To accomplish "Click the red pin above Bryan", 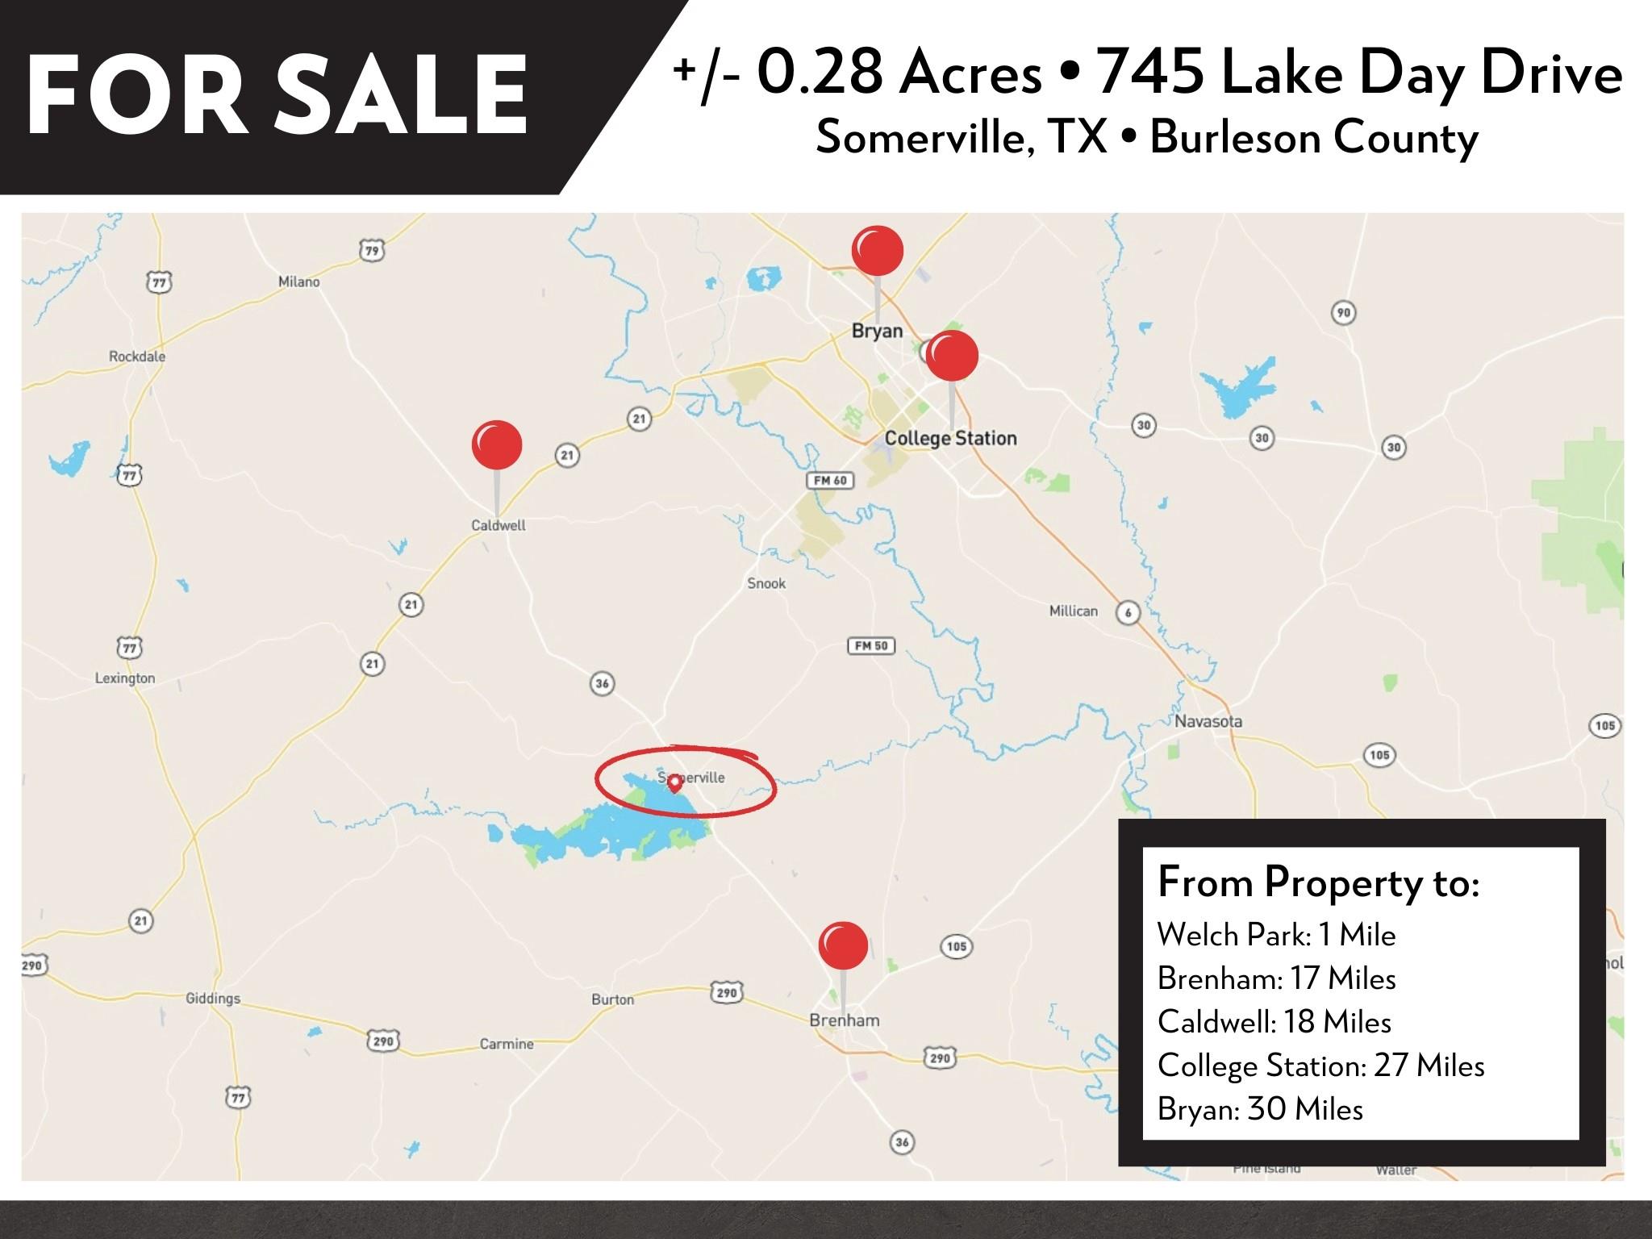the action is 878,251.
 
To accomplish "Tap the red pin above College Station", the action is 952,356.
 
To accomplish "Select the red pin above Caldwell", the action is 497,444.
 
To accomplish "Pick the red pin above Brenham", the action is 843,945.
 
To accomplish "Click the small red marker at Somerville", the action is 674,782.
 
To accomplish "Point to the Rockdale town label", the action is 137,357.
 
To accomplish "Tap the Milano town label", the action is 299,282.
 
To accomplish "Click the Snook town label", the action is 766,583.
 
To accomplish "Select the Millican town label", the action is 1073,611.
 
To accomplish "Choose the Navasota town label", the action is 1208,721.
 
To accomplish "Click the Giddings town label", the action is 213,999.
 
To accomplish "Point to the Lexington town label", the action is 125,678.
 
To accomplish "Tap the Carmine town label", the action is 507,1044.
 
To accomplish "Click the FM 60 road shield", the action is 830,481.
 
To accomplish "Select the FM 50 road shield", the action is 871,646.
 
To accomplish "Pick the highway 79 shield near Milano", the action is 371,251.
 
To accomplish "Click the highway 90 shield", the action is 1343,313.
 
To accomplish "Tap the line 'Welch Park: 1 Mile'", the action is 1276,935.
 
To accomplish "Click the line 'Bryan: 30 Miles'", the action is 1260,1109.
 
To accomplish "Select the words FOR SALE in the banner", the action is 277,96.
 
